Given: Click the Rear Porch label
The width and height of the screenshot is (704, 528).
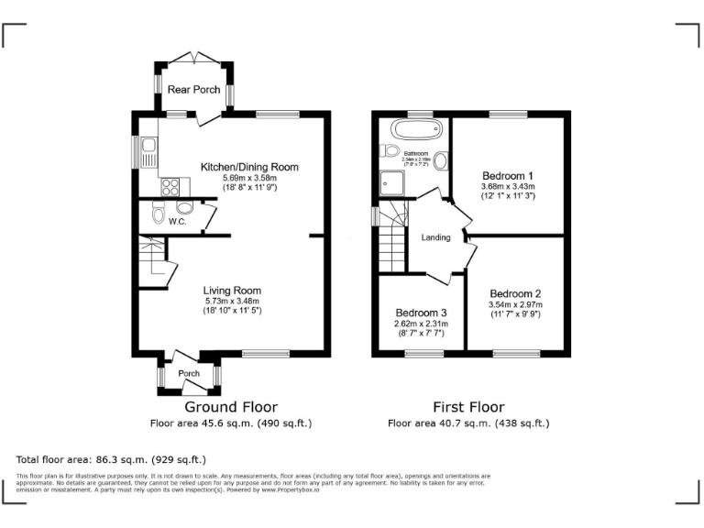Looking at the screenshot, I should (193, 90).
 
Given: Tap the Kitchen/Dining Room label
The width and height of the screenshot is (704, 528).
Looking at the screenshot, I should (249, 167).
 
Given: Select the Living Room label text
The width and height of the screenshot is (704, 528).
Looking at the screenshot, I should (233, 290).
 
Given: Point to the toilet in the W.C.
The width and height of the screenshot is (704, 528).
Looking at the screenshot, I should (158, 216).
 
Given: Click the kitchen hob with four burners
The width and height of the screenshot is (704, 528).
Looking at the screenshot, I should (170, 187).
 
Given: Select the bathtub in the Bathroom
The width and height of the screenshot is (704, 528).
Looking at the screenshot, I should (410, 127).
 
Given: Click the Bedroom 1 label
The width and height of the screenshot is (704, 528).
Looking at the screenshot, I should (507, 175).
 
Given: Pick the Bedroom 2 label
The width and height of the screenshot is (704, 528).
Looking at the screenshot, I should (515, 294).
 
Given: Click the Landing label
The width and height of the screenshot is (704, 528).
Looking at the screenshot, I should (435, 238).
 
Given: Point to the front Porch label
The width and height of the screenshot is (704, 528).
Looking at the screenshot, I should (188, 374).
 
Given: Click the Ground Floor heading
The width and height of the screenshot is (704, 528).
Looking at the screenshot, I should (231, 407).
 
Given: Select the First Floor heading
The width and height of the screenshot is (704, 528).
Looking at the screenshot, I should (468, 407).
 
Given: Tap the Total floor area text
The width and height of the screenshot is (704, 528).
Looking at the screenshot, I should (111, 459).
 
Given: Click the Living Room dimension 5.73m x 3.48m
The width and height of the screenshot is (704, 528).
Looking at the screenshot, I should (233, 301).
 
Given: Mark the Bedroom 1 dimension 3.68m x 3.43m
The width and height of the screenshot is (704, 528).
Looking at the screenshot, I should (507, 186).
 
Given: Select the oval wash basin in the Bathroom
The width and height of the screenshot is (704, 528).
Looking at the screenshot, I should (440, 161).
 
